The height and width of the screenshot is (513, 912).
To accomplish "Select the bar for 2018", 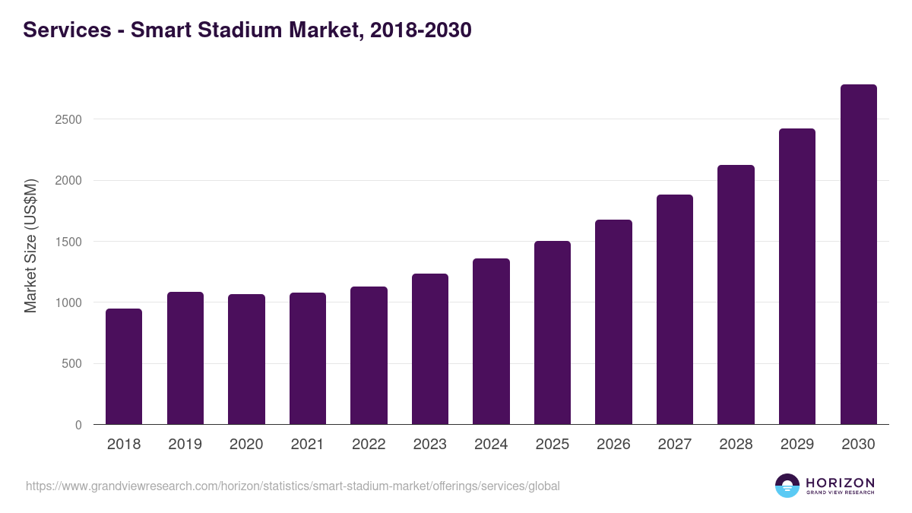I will tap(124, 366).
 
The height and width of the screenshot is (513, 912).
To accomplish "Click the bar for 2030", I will tap(858, 255).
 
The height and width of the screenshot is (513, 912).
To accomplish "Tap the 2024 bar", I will tap(491, 341).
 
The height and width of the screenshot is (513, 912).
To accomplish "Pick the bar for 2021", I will tap(308, 359).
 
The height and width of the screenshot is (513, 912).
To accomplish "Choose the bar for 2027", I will tap(675, 309).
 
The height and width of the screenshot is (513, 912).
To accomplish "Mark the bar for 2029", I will tap(797, 277).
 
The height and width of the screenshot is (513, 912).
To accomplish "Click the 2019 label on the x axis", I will tap(185, 445).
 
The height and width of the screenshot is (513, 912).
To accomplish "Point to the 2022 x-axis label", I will tap(369, 445).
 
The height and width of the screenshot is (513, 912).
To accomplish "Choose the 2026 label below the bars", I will tap(613, 445).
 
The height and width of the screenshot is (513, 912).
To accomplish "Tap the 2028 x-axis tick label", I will tap(736, 445).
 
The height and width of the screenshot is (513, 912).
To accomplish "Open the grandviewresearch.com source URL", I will tap(293, 486).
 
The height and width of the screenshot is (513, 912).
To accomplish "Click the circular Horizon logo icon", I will tap(787, 486).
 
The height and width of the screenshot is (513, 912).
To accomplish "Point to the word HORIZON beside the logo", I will tap(840, 483).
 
